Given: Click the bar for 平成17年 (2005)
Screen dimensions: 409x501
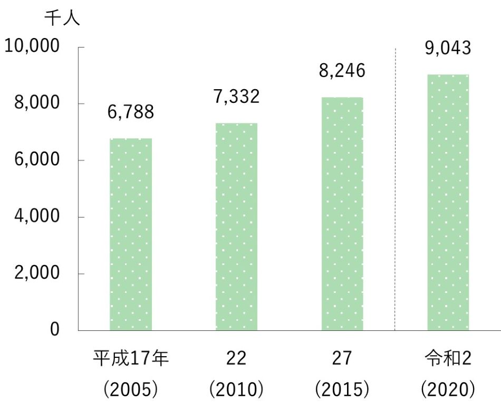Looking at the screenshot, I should [x=131, y=234].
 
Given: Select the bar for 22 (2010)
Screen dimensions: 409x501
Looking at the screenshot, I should [x=236, y=227].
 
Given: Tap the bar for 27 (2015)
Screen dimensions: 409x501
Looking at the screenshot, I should [x=342, y=214].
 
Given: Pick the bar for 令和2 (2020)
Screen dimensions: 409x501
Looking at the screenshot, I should [x=448, y=203].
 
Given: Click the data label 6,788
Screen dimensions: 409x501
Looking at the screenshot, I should [x=131, y=112].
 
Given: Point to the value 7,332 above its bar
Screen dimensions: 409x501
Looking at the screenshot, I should [x=237, y=97].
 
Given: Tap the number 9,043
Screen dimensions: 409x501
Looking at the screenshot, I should [x=448, y=49].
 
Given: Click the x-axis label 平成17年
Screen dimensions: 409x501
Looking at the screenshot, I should [x=131, y=359].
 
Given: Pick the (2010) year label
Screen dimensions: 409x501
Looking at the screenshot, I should [x=236, y=390].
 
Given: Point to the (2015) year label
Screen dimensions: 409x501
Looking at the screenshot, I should [x=342, y=390].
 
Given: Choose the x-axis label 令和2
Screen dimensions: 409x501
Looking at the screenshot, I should [x=448, y=359].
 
